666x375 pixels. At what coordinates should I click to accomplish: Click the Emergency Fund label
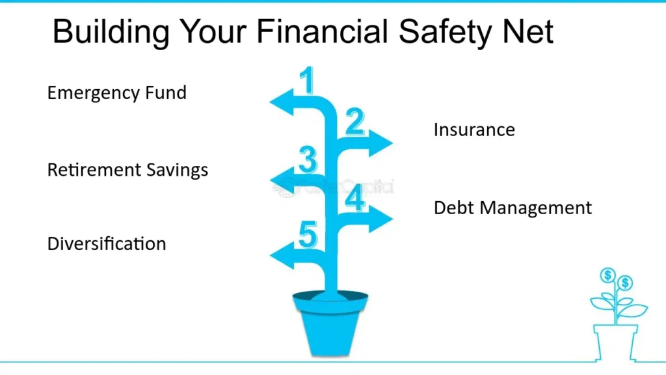(117, 92)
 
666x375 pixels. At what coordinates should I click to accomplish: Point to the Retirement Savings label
(127, 170)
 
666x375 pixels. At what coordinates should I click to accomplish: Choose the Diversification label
(107, 244)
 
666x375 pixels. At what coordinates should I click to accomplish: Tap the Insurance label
(474, 130)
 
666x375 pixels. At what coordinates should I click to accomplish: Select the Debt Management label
(513, 208)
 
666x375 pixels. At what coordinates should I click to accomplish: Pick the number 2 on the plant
(354, 122)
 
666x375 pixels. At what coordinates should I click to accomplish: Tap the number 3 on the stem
(308, 160)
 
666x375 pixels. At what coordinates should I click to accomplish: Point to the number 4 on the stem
(355, 199)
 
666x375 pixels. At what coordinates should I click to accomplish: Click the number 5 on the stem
(308, 235)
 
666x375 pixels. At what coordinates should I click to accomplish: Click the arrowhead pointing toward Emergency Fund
(281, 103)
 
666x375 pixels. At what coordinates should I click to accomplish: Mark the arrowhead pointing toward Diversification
(281, 256)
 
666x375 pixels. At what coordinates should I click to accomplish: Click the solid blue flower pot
(330, 323)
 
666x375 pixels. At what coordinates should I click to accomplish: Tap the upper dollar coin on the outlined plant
(608, 275)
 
